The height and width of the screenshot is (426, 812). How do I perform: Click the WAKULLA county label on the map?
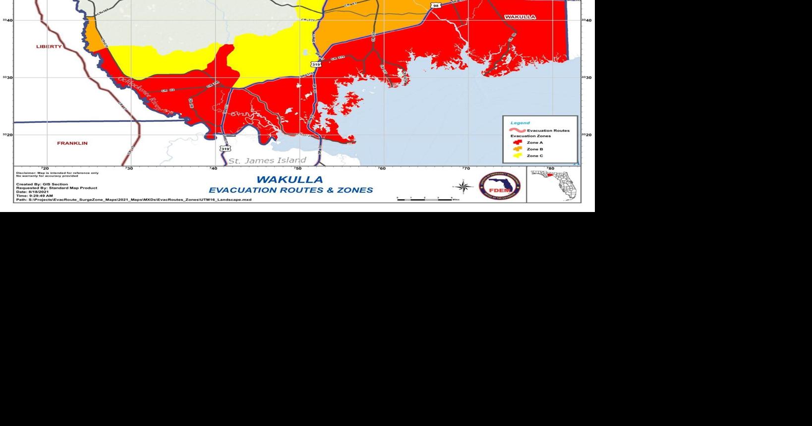click(x=520, y=17)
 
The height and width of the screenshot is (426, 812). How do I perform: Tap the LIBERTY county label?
click(x=49, y=47)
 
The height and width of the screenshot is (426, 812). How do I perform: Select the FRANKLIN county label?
click(x=72, y=143)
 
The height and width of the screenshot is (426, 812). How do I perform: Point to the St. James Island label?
click(x=267, y=160)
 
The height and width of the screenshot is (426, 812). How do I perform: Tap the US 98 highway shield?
click(x=435, y=5)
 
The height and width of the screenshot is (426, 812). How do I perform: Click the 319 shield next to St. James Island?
click(x=225, y=148)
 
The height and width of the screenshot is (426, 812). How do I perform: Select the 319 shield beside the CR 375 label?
click(x=316, y=64)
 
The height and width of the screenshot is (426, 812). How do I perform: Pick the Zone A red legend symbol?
click(x=518, y=142)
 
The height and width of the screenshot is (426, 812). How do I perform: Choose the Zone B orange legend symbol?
click(x=518, y=149)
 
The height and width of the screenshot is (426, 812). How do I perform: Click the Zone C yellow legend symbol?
click(x=518, y=156)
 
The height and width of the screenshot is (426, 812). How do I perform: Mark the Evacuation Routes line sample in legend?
click(x=518, y=130)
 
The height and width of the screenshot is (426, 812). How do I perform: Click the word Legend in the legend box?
click(x=520, y=123)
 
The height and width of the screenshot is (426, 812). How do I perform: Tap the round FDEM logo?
click(x=499, y=187)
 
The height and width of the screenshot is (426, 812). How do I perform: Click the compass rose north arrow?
click(x=464, y=187)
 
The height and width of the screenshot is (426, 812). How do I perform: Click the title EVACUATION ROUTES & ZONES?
click(x=290, y=190)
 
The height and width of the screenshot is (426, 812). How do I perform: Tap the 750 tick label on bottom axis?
click(x=297, y=168)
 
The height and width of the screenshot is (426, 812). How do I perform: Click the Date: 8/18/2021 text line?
click(x=32, y=192)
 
